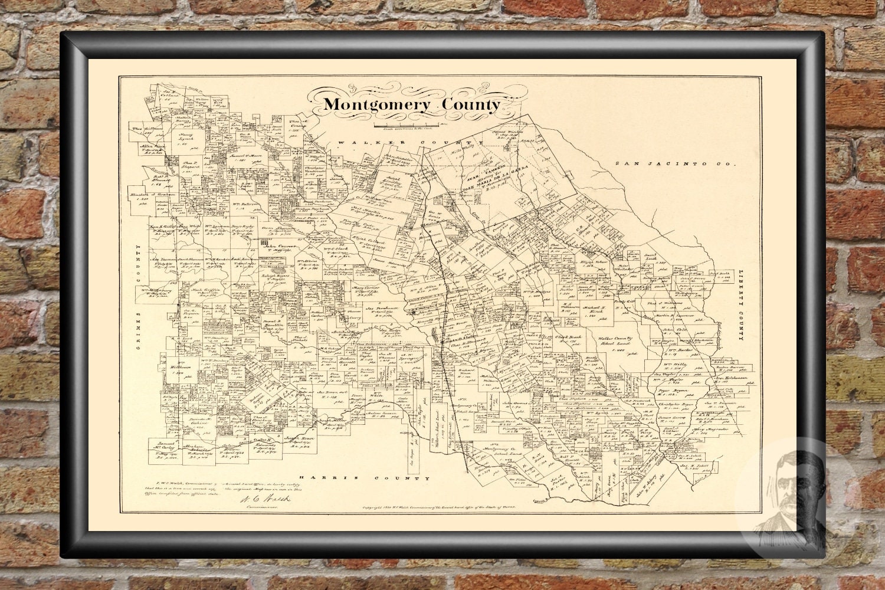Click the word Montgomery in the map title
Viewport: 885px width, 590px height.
tap(377, 104)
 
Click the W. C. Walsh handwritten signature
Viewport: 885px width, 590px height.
tap(265, 500)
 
